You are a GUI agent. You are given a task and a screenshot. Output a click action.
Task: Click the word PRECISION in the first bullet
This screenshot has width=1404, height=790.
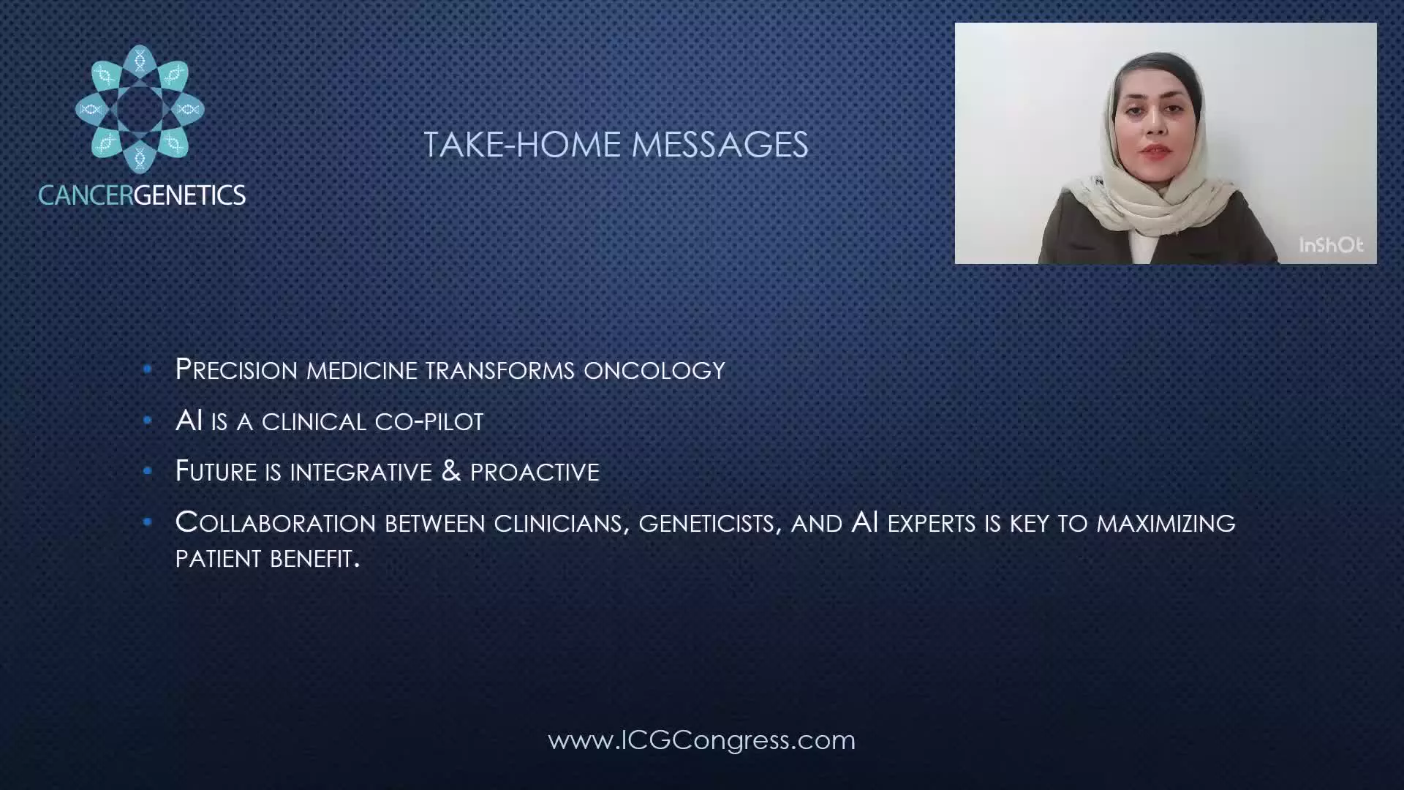click(x=237, y=369)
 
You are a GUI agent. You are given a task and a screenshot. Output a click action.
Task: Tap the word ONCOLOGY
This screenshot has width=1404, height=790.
click(x=654, y=370)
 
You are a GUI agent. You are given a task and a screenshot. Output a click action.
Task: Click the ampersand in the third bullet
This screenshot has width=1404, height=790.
click(x=451, y=471)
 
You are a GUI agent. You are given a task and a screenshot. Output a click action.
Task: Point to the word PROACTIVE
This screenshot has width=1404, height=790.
click(x=535, y=473)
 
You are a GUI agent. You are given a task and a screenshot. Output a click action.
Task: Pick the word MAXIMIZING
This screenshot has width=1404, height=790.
click(x=1166, y=524)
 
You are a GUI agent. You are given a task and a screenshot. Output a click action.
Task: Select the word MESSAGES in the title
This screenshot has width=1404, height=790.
click(x=720, y=145)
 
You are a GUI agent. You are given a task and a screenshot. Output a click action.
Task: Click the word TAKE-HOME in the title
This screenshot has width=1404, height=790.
click(x=522, y=145)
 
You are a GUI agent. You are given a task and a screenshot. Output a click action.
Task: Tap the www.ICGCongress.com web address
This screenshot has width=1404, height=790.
click(x=701, y=740)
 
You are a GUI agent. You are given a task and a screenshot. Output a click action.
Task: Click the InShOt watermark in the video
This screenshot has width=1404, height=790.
click(x=1331, y=245)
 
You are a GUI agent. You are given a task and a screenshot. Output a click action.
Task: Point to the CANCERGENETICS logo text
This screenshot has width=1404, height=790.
click(x=142, y=195)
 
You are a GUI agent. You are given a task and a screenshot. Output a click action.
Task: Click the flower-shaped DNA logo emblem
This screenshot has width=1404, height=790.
click(x=140, y=110)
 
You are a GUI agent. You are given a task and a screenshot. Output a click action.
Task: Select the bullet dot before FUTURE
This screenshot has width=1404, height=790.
click(x=148, y=471)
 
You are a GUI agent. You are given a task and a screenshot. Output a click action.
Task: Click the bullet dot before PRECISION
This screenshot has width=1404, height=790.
click(x=148, y=369)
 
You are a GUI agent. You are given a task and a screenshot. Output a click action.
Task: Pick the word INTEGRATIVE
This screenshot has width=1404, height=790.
click(x=361, y=473)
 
